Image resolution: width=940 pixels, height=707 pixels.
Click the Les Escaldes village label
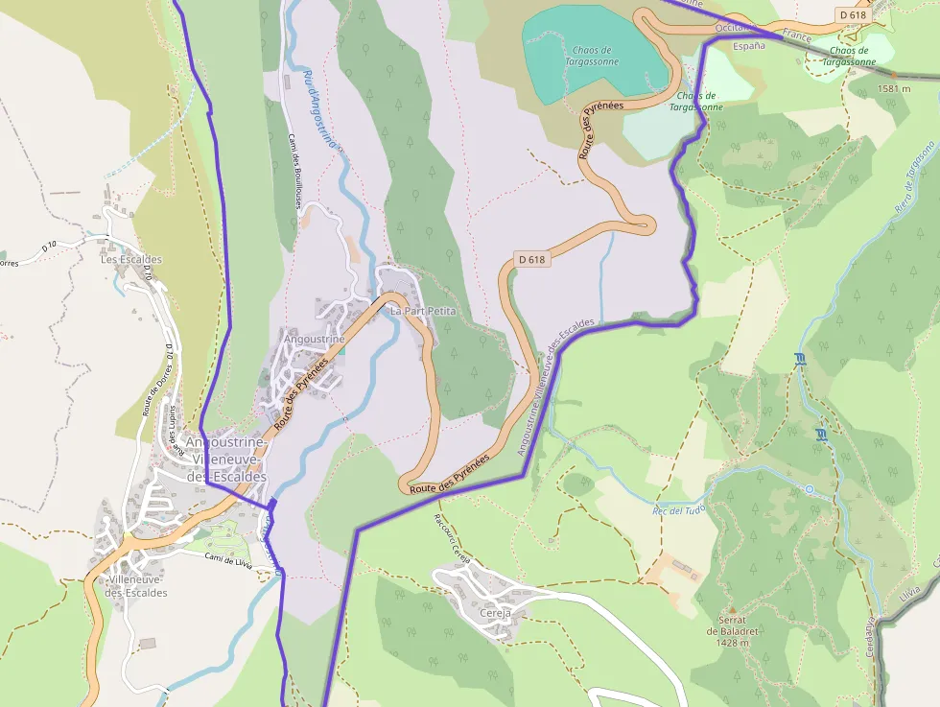pyautogui.click(x=131, y=259)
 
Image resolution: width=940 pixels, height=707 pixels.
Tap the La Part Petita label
pyautogui.click(x=422, y=312)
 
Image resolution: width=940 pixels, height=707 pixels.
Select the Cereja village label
pyautogui.click(x=495, y=612)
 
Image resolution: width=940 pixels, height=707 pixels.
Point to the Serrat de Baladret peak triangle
pyautogui.click(x=732, y=609)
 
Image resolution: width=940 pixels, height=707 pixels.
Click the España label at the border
pyautogui.click(x=749, y=45)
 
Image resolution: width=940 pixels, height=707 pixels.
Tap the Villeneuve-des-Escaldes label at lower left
pyautogui.click(x=136, y=586)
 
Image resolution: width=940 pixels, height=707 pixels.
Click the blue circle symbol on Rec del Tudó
pyautogui.click(x=809, y=489)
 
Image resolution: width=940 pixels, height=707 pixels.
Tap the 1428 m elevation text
pyautogui.click(x=732, y=643)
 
